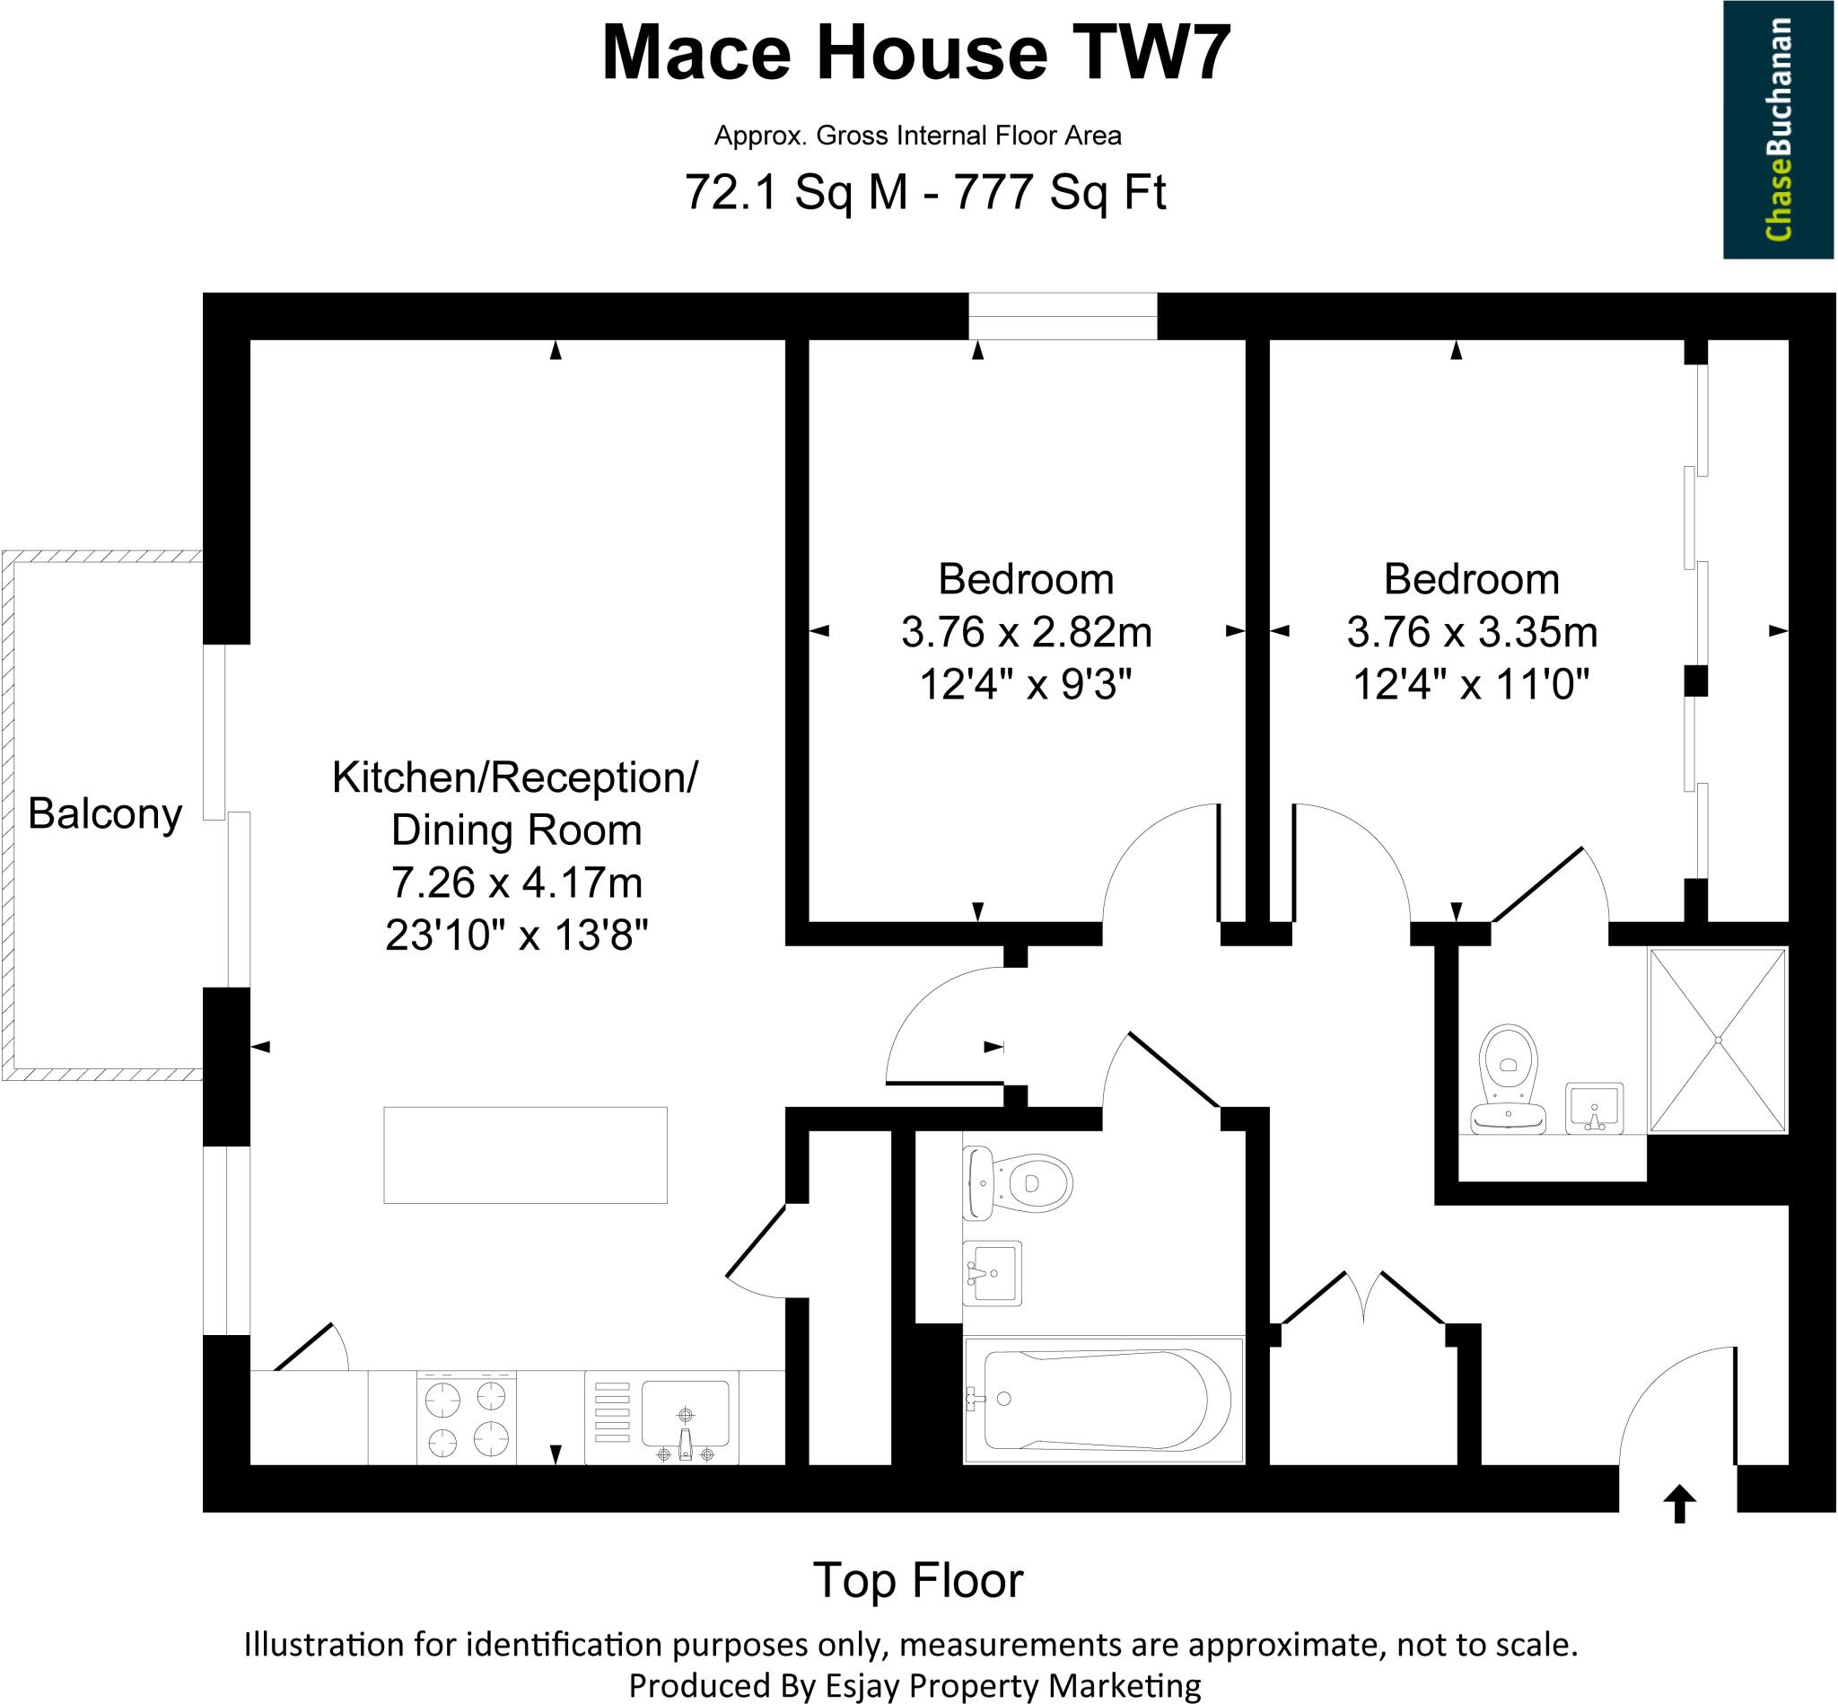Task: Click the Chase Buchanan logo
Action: click(1778, 129)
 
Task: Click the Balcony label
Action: click(105, 814)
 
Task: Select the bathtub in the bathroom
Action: click(1104, 1400)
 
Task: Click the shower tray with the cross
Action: click(1717, 1041)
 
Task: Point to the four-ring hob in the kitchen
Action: click(467, 1418)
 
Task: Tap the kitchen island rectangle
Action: click(524, 1155)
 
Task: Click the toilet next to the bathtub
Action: click(1018, 1182)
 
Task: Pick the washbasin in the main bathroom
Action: click(992, 1272)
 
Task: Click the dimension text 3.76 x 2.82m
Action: click(1026, 633)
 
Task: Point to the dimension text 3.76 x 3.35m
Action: click(1471, 633)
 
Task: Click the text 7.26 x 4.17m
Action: click(516, 883)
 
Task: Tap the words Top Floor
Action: click(917, 1580)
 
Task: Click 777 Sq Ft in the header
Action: click(1060, 193)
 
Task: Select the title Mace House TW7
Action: click(916, 53)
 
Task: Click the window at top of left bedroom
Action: click(1062, 316)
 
